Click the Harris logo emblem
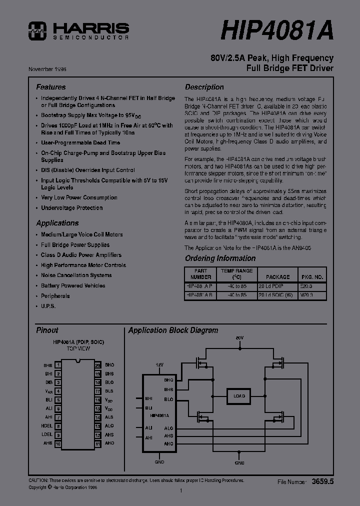pos(37,30)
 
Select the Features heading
pos(51,86)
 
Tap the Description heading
pos(204,86)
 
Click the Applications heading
pos(57,223)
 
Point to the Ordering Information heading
pos(220,258)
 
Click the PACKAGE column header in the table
pos(277,276)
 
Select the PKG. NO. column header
pos(312,276)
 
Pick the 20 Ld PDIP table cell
pos(271,286)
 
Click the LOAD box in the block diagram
pos(239,396)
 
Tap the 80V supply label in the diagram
pos(239,338)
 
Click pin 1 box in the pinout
pos(58,365)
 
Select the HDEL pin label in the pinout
pos(46,426)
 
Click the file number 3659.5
pos(322,481)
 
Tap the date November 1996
pos(47,68)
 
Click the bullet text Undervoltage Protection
pos(72,207)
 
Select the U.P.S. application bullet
pos(48,306)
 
